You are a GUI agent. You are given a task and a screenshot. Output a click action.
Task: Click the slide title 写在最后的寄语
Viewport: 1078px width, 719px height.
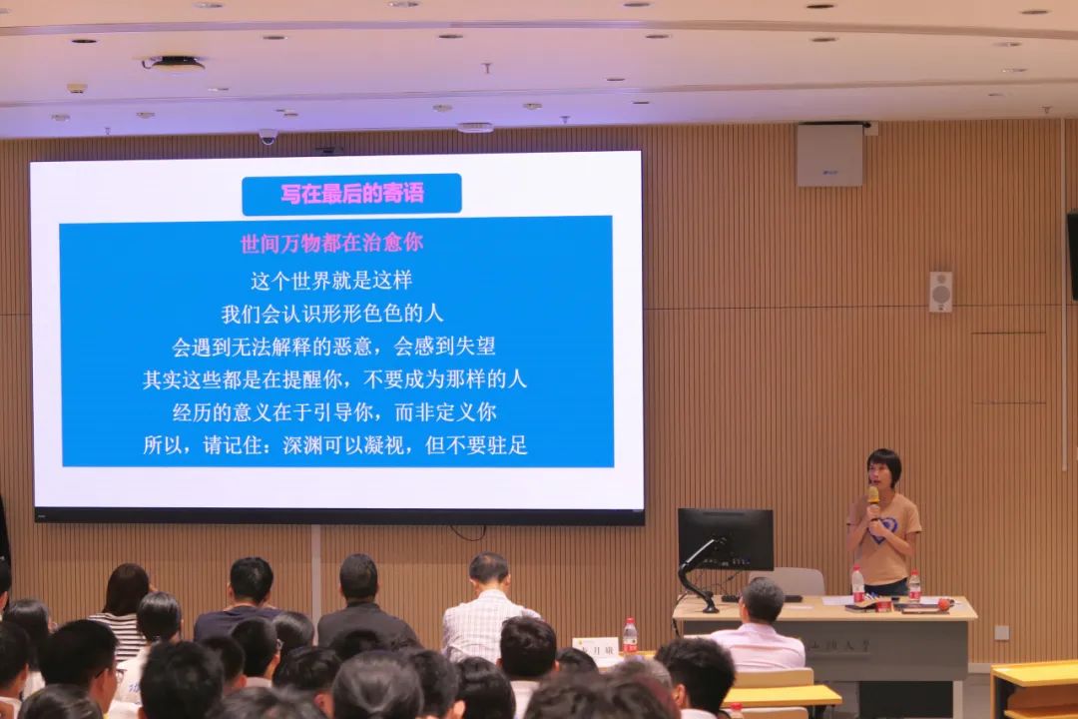[x=351, y=194]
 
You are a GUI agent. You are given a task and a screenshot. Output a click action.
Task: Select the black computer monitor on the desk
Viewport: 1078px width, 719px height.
[x=726, y=539]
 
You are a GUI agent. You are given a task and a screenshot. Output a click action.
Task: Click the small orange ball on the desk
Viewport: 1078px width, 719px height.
[x=943, y=603]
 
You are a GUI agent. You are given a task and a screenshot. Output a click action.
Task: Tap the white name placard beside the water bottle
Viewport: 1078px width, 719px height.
[x=595, y=648]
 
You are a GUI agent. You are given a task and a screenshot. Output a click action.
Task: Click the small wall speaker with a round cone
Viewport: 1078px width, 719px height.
[x=940, y=292]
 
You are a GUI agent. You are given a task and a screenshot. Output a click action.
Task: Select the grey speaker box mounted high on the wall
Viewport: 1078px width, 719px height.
[x=829, y=155]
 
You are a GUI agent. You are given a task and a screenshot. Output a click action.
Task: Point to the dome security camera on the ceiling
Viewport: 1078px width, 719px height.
[x=268, y=137]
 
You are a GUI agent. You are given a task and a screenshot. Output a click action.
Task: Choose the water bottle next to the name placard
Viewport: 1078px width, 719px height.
[x=630, y=636]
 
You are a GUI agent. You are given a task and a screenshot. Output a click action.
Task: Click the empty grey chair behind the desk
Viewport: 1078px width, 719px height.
[x=796, y=581]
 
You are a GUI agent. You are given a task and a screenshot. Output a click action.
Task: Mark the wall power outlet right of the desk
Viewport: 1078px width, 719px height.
[x=1001, y=632]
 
